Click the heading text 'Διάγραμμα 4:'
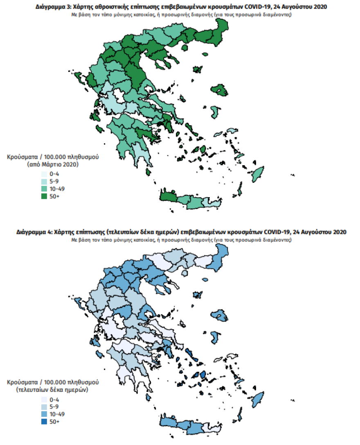(x=33, y=232)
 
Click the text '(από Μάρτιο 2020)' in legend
(x=53, y=164)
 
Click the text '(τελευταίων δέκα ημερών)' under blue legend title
(x=53, y=390)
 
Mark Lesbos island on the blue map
(x=219, y=315)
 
